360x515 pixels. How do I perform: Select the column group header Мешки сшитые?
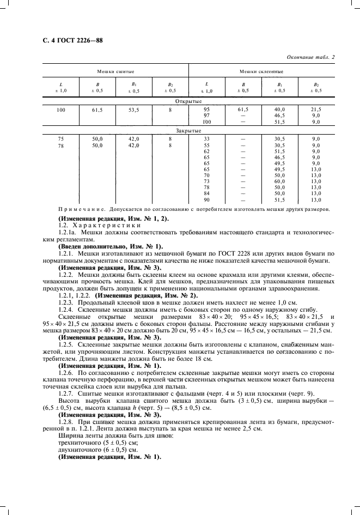(x=115, y=71)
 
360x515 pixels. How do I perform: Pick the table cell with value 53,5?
(x=133, y=110)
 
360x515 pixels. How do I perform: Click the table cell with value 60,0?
(x=280, y=181)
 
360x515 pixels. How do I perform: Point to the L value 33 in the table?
(x=206, y=140)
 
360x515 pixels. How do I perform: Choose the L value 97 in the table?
(x=206, y=116)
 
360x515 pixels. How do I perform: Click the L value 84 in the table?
(x=206, y=193)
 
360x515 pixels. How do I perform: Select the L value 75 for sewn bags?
(x=60, y=140)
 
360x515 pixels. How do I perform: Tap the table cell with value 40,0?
(x=280, y=110)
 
